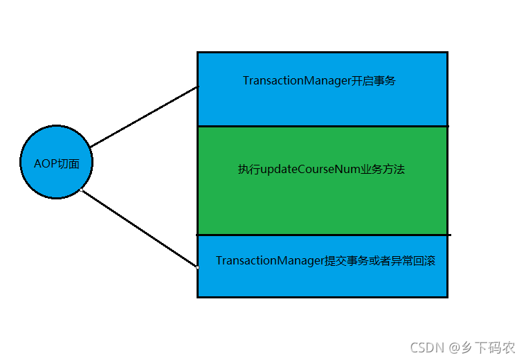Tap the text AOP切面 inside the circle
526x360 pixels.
(56, 163)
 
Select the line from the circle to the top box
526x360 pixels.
(144, 117)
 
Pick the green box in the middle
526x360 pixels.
(322, 201)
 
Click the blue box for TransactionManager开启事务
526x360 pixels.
(322, 104)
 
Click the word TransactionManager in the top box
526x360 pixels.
(292, 80)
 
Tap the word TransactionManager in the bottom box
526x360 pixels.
(270, 261)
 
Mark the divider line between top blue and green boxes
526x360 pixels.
(322, 126)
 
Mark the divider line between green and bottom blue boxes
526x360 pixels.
(322, 235)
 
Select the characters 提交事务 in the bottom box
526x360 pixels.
(346, 261)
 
